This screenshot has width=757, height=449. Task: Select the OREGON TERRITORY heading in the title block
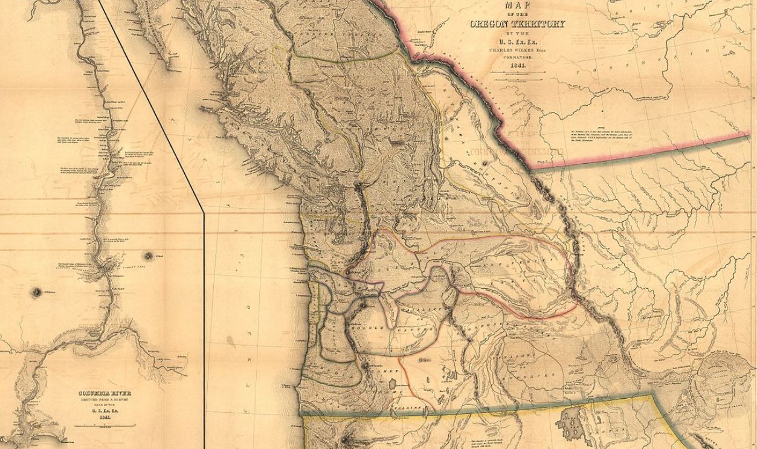click(x=517, y=24)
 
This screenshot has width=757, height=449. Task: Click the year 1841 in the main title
click(x=517, y=63)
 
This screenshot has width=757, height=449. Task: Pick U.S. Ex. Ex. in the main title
click(x=517, y=34)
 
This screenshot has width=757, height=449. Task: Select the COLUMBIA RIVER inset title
click(x=104, y=393)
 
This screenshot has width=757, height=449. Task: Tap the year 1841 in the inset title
click(x=104, y=418)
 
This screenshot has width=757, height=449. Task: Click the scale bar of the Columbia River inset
click(x=104, y=427)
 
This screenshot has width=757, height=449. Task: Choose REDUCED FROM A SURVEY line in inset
click(x=104, y=400)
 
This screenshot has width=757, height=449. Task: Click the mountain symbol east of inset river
click(x=147, y=255)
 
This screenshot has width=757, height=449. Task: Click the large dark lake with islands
click(x=570, y=425)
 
